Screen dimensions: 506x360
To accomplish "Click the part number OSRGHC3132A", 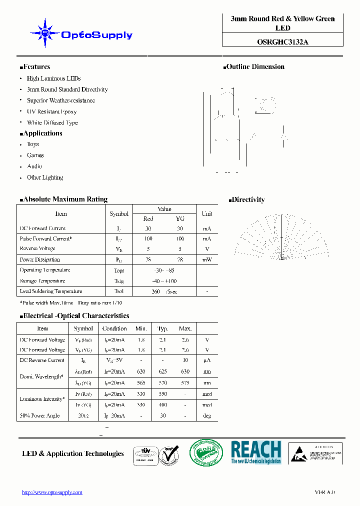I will click(x=282, y=42).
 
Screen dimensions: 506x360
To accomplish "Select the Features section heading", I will click(x=35, y=67).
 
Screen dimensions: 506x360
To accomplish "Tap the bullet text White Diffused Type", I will click(x=52, y=122).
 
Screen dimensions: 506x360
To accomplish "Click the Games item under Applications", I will click(x=35, y=155).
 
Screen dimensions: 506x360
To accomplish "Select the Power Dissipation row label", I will click(x=39, y=259).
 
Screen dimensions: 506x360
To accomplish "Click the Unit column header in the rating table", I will click(x=206, y=214).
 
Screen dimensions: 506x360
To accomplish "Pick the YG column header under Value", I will click(x=180, y=219).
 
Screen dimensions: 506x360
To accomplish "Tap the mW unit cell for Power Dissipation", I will click(x=206, y=259).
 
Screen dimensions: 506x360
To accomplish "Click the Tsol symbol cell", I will click(x=118, y=291).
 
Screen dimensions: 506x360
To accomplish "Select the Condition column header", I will click(x=114, y=328).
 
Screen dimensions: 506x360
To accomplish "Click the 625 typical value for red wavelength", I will click(x=162, y=371).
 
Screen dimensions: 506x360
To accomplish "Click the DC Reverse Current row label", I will click(x=42, y=360).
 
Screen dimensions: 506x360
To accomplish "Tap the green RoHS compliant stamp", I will click(x=206, y=453).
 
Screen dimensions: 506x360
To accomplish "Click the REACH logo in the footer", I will click(x=256, y=452).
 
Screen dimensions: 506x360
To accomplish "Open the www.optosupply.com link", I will click(x=52, y=492).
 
